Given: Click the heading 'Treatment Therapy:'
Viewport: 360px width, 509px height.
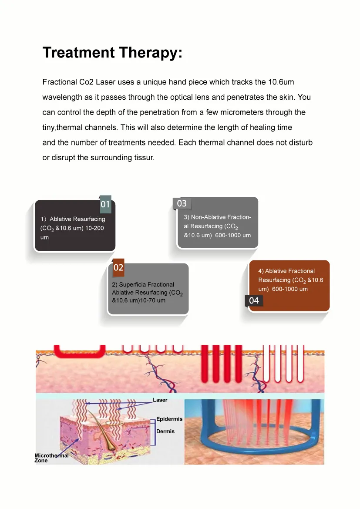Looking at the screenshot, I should point(112,53).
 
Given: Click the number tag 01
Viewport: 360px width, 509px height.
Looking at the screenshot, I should point(105,204).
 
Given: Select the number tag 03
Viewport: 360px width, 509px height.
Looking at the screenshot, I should point(182,203).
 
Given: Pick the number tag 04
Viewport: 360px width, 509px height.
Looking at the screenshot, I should point(254,300).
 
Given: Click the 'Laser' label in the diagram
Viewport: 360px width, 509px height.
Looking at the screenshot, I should point(160,400).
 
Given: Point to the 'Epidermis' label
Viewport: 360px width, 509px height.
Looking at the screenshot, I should point(169,419).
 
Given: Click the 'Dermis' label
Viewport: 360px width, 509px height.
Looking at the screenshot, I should point(165,431).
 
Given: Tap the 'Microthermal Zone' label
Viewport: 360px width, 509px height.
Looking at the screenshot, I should point(51,458).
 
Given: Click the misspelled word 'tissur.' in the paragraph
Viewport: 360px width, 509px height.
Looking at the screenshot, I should point(144,158).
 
